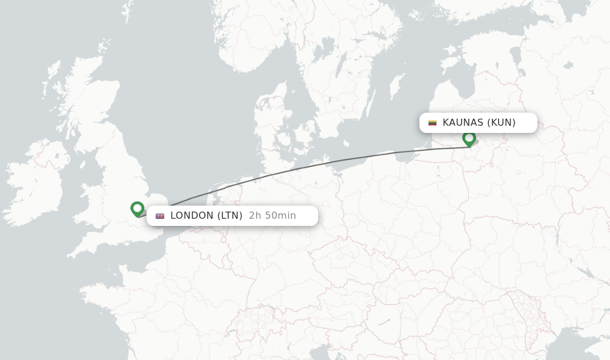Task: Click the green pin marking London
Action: coord(137,209)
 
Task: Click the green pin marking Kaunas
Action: coord(469,138)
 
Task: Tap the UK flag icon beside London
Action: coord(160,216)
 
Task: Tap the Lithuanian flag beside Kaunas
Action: coord(432,123)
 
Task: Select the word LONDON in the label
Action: coord(191,216)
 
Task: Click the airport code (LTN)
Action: coord(229,216)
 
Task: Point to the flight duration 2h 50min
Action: coord(272,216)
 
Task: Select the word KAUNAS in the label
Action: coord(463,123)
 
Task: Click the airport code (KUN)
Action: coord(501,123)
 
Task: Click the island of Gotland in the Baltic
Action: coord(396,88)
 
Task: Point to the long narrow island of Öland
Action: coord(371,103)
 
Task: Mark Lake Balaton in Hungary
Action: coord(384,322)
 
